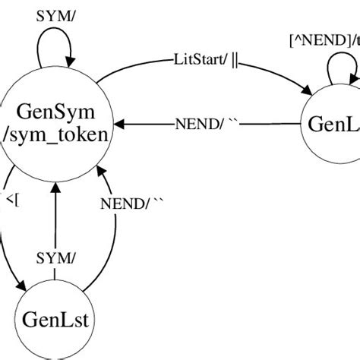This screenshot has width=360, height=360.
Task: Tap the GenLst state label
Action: [55, 317]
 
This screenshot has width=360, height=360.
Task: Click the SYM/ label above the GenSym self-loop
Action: [55, 16]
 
